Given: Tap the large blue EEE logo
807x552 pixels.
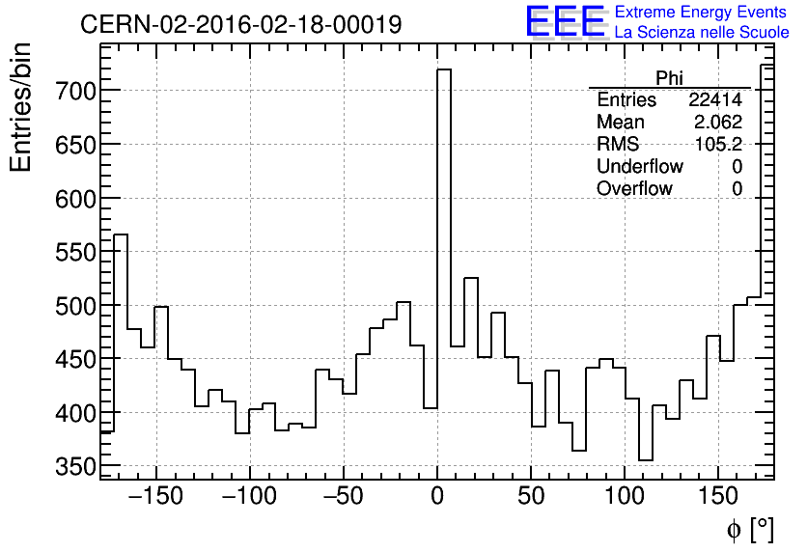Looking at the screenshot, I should click(565, 22).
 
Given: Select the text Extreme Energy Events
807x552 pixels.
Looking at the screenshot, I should click(700, 13).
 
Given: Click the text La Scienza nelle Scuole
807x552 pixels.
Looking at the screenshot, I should click(702, 33).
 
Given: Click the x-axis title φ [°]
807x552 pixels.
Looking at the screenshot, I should click(750, 529).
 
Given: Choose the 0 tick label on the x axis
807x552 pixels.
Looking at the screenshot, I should click(437, 497).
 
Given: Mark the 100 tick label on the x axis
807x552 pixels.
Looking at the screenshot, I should click(625, 497).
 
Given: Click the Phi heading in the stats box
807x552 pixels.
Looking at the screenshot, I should click(670, 77).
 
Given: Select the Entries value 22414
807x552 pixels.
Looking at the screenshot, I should click(714, 100).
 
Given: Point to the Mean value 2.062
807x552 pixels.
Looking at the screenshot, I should click(717, 123).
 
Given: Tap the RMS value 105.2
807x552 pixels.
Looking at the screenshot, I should click(719, 145).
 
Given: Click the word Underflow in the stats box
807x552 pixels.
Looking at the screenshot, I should click(639, 167).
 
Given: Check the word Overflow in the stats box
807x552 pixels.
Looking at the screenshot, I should click(634, 189).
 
